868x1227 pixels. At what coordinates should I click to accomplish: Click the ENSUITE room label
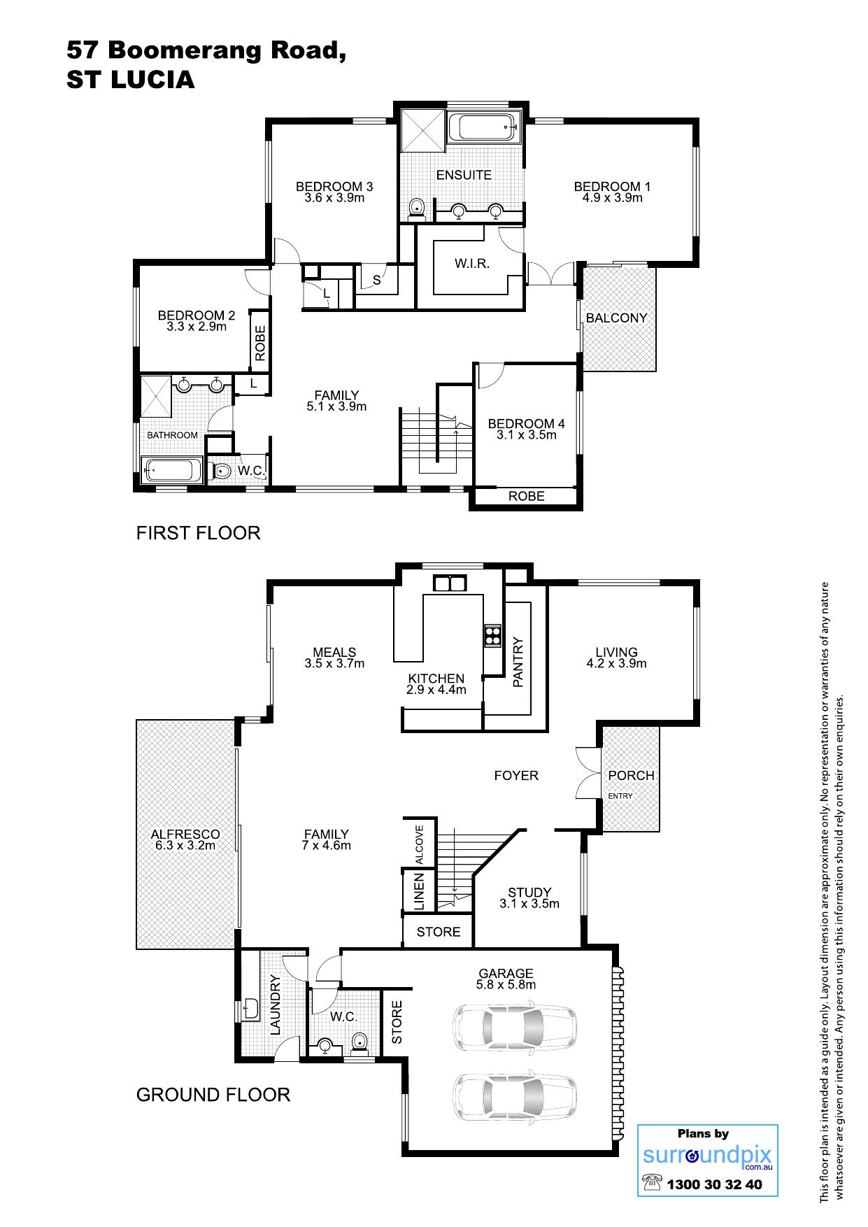click(464, 175)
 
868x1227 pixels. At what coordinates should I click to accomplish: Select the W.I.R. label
click(471, 264)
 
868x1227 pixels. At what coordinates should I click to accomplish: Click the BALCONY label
click(616, 318)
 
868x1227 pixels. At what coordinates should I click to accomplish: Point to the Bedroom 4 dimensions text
click(526, 435)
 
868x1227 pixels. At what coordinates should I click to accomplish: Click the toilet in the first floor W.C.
click(220, 470)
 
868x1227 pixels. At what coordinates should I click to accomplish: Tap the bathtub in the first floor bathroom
click(172, 469)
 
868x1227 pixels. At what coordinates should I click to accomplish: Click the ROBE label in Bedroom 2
click(260, 343)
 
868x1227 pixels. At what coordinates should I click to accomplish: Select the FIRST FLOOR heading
click(198, 533)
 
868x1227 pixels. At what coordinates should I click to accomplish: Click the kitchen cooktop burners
click(492, 633)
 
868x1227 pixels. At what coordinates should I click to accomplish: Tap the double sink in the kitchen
click(449, 583)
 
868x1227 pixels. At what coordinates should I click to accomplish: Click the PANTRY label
click(518, 662)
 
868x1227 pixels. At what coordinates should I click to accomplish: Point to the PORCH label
click(631, 775)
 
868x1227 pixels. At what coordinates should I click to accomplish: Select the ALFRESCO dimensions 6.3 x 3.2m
click(185, 845)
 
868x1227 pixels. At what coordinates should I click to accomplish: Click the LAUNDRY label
click(275, 1005)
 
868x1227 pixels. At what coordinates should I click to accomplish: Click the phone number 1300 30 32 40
click(715, 1184)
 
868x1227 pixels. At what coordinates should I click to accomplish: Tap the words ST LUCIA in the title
click(131, 80)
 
